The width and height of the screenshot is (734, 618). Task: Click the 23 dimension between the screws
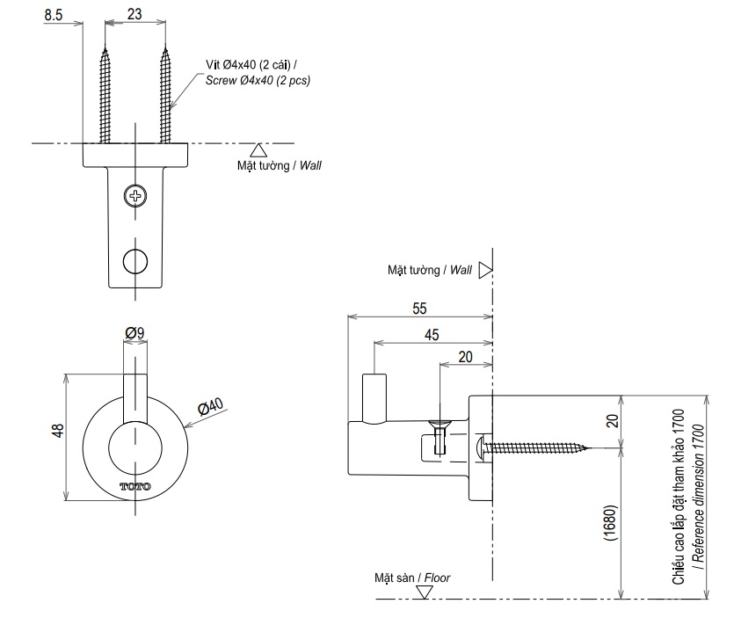click(134, 14)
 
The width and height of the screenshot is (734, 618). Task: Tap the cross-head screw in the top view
click(135, 195)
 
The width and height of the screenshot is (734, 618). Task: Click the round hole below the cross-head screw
click(135, 260)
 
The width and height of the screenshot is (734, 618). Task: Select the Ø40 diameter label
click(212, 409)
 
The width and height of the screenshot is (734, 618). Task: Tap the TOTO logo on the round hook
click(135, 486)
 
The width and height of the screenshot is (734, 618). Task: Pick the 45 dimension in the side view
click(432, 334)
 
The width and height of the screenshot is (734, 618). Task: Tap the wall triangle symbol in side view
click(483, 270)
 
